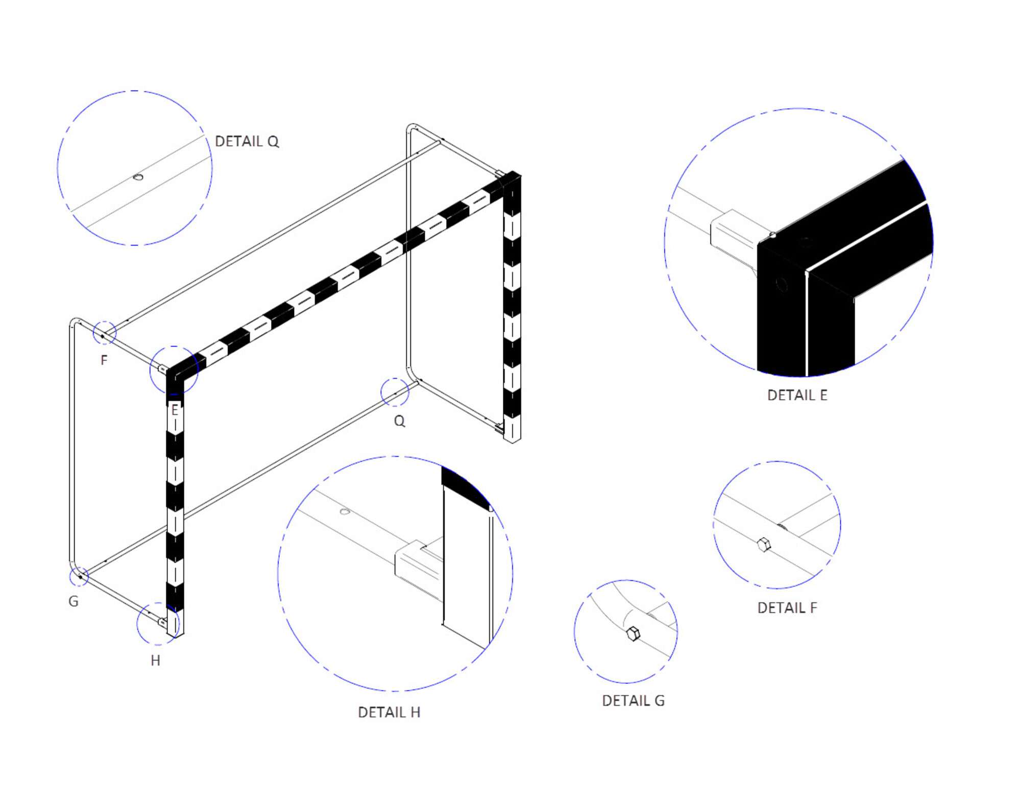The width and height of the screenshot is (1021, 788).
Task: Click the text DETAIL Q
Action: (x=247, y=141)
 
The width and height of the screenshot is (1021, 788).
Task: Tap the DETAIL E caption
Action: (x=797, y=395)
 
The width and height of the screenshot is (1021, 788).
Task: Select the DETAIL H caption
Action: (x=389, y=712)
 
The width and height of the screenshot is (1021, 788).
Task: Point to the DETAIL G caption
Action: (x=633, y=701)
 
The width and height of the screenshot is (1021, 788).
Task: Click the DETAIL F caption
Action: (x=787, y=608)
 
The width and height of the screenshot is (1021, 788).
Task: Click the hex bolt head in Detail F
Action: (x=764, y=545)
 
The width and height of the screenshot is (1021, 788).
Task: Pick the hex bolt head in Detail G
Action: (x=633, y=633)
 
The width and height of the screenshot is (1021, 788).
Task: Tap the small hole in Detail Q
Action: (x=138, y=177)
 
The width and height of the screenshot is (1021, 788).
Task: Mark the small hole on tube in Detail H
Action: (x=345, y=511)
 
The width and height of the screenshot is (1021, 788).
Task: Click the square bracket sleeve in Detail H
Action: (x=416, y=565)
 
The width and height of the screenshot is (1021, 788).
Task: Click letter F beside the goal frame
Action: (x=104, y=360)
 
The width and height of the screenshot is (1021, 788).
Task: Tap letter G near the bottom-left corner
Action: (x=74, y=601)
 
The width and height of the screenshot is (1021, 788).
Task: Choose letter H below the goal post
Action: (x=156, y=660)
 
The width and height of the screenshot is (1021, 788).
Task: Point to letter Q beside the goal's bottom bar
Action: (x=399, y=421)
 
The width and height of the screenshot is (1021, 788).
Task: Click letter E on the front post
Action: (x=175, y=410)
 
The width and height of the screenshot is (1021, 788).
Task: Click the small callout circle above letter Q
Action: (x=395, y=392)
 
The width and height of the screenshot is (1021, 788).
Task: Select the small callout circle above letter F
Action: (x=105, y=333)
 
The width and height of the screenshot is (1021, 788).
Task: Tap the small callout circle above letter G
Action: (x=79, y=576)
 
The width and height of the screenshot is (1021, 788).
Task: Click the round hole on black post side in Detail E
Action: (x=781, y=284)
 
